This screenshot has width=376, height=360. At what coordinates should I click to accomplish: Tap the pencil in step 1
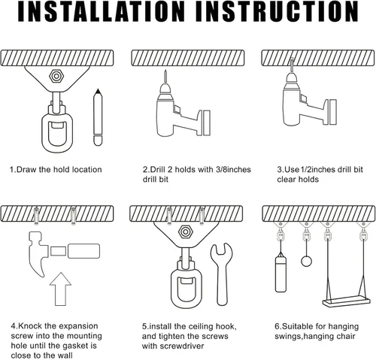97,119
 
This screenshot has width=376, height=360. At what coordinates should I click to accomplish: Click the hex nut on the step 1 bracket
56,77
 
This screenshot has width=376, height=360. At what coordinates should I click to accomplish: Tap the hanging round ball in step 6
305,260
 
